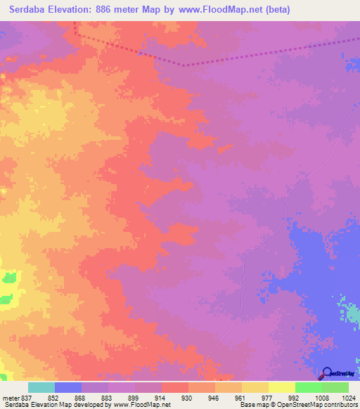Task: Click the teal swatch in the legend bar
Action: tap(41, 387)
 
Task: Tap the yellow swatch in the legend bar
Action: tap(281, 387)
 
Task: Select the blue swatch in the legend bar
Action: tap(68, 387)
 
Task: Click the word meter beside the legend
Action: tap(10, 398)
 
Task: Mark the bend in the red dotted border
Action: tap(186, 65)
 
